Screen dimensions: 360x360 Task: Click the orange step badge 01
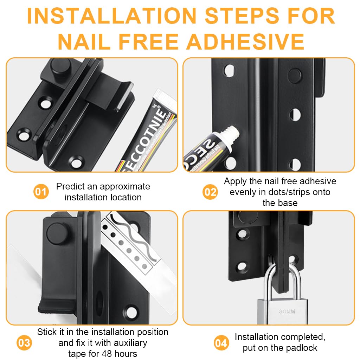pyautogui.click(x=41, y=192)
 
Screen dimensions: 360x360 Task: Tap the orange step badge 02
pyautogui.click(x=210, y=192)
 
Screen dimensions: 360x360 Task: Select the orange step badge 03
pyautogui.click(x=24, y=343)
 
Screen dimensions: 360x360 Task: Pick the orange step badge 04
pyautogui.click(x=221, y=343)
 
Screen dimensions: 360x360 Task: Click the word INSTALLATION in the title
pyautogui.click(x=112, y=16)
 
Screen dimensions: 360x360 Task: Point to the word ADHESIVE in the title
pyautogui.click(x=245, y=41)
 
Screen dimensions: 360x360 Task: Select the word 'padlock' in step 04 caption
pyautogui.click(x=300, y=348)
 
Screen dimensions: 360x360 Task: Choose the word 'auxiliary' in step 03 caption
pyautogui.click(x=127, y=343)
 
